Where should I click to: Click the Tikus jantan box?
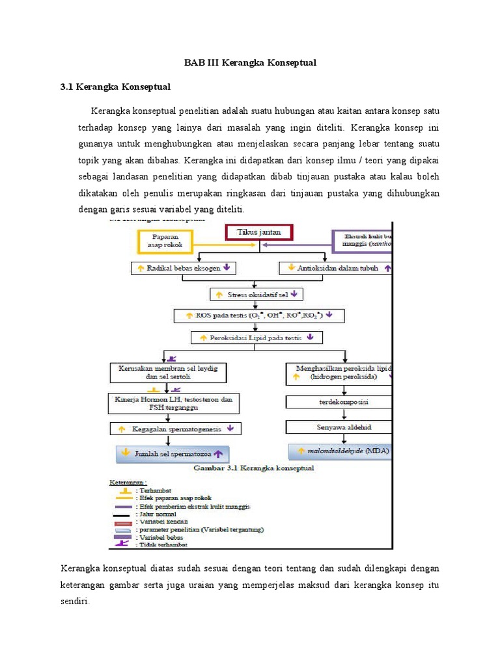click(258, 232)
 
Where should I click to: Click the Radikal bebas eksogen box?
click(184, 267)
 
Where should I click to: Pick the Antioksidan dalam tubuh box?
click(337, 267)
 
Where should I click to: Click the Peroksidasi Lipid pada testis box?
click(257, 338)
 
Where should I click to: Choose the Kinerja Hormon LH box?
click(173, 402)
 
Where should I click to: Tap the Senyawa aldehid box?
click(339, 427)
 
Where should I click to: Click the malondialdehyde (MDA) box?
click(340, 450)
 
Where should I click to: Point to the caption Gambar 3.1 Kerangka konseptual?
click(251, 468)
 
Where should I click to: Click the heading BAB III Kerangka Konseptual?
click(250, 62)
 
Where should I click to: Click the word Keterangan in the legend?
click(126, 483)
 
